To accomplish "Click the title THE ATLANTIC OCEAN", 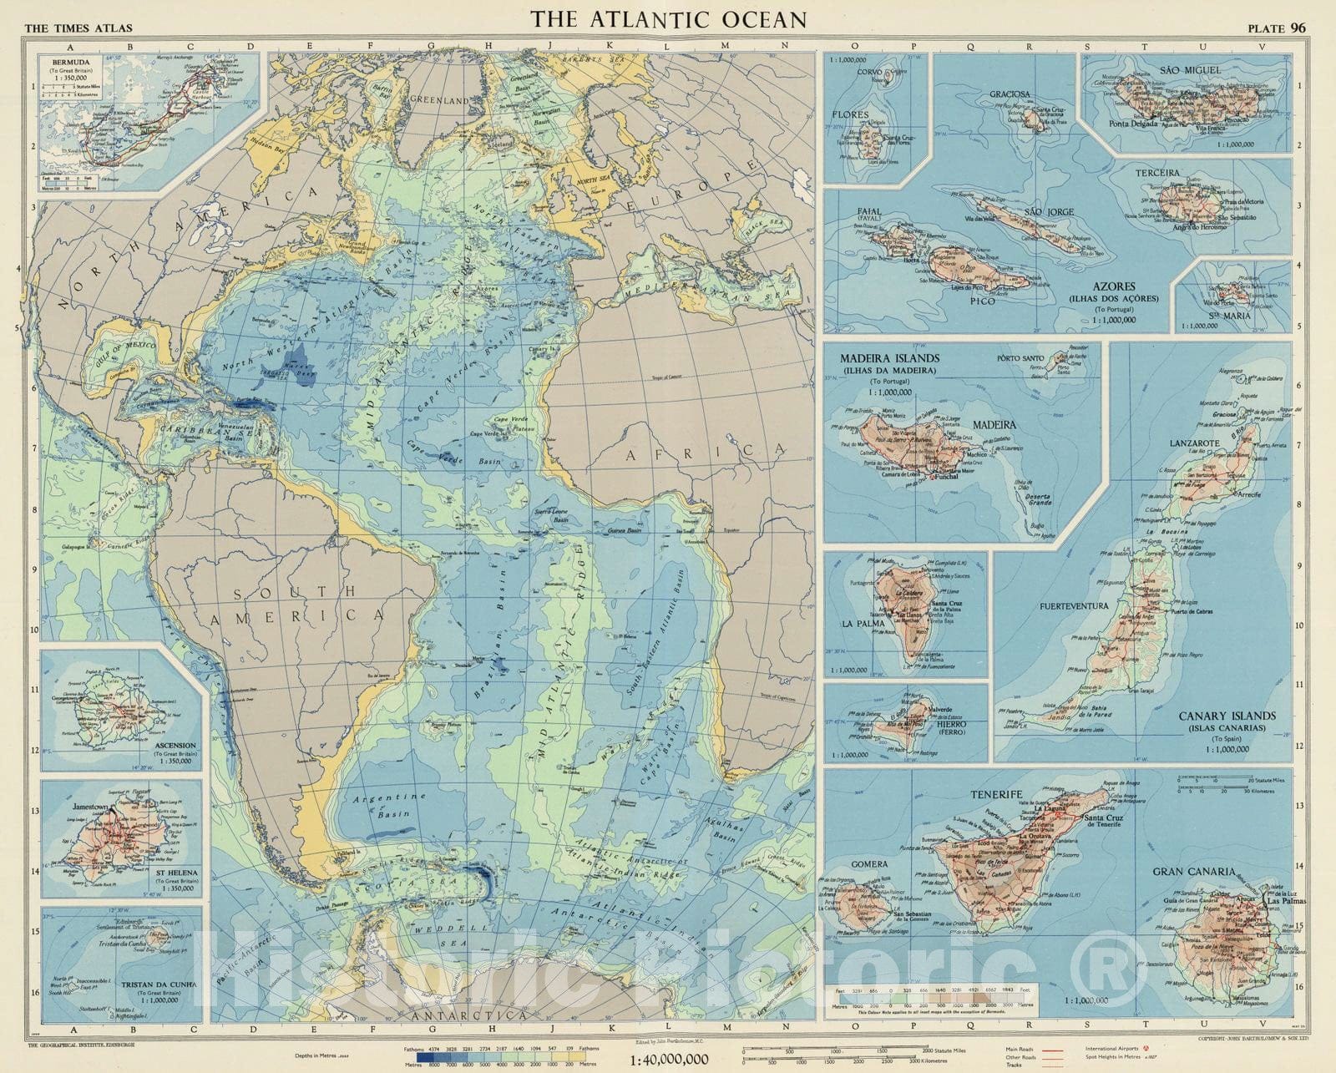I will tap(670, 20).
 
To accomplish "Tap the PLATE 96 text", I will tap(1277, 28).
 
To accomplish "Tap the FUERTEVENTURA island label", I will tap(1074, 606).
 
